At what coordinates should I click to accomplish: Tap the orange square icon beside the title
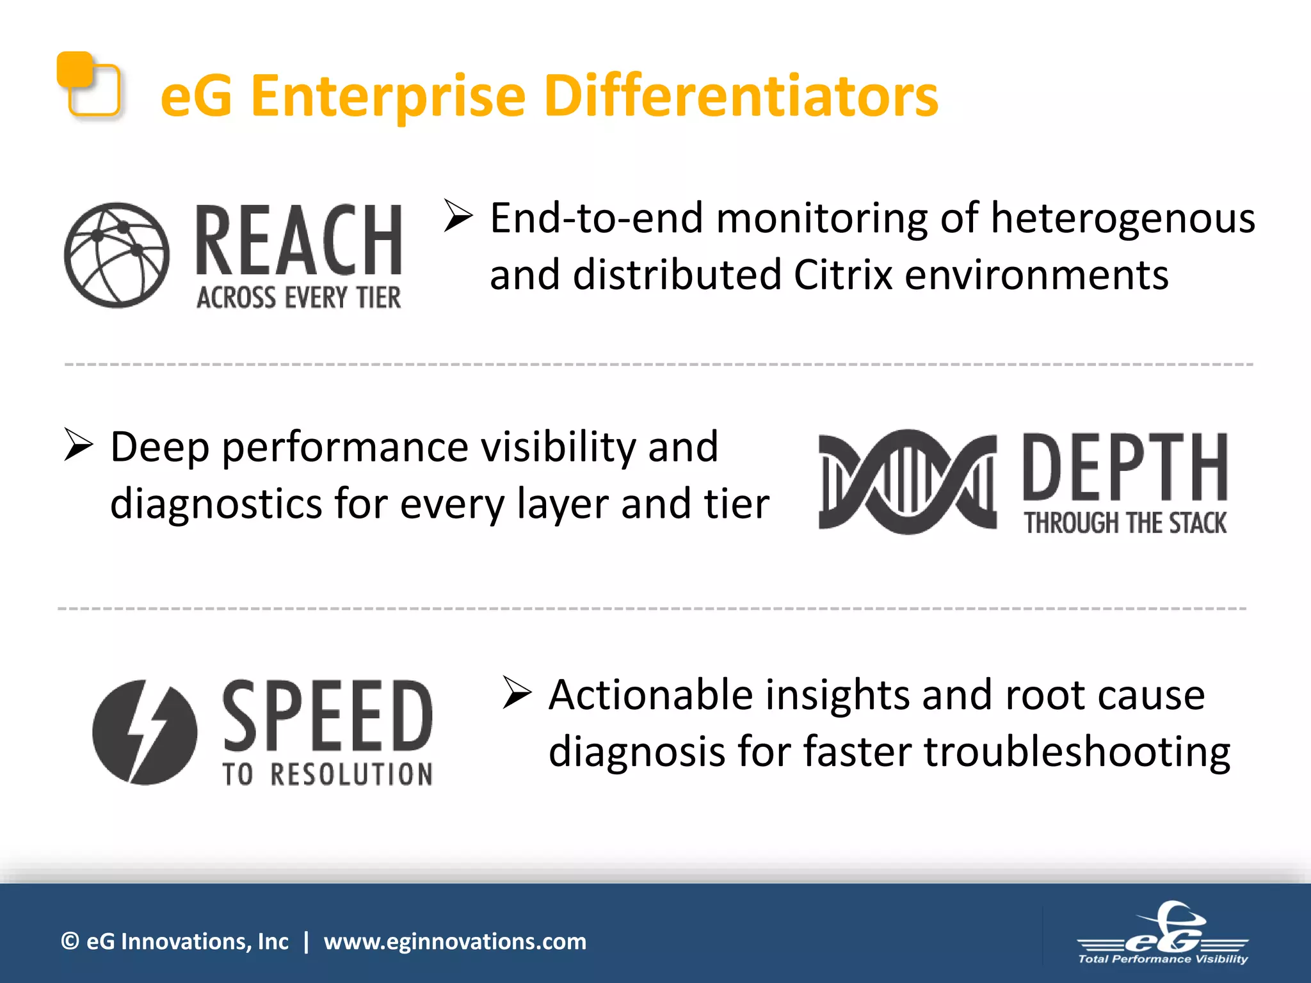[x=88, y=85]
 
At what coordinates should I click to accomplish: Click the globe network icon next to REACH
[x=117, y=255]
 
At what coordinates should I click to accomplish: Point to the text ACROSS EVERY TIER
[x=299, y=298]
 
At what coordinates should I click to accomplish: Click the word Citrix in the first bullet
[x=843, y=275]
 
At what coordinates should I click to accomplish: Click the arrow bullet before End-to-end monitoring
[x=458, y=216]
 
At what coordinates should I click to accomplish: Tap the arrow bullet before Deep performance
[x=79, y=445]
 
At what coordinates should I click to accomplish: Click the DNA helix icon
[x=907, y=481]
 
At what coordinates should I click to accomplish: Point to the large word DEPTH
[x=1125, y=467]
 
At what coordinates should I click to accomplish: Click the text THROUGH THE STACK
[x=1125, y=523]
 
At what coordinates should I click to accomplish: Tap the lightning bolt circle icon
[x=145, y=732]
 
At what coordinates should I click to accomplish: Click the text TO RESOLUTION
[x=328, y=774]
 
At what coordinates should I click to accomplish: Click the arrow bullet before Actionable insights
[x=517, y=692]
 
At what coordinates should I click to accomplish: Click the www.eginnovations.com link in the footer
[x=454, y=941]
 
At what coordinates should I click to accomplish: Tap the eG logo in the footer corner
[x=1162, y=934]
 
